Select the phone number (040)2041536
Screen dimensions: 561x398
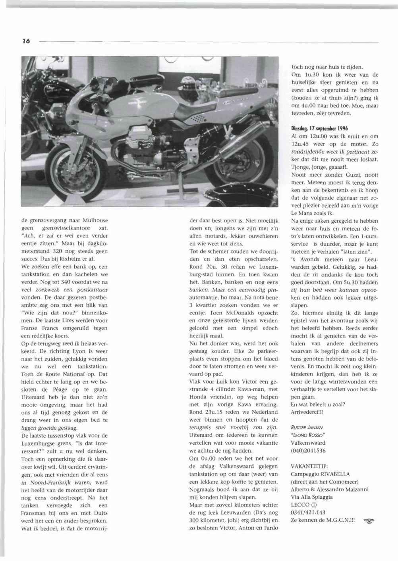[x=308, y=451]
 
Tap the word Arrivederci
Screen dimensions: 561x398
[x=307, y=412]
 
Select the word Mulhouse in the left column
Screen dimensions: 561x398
[x=96, y=220]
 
